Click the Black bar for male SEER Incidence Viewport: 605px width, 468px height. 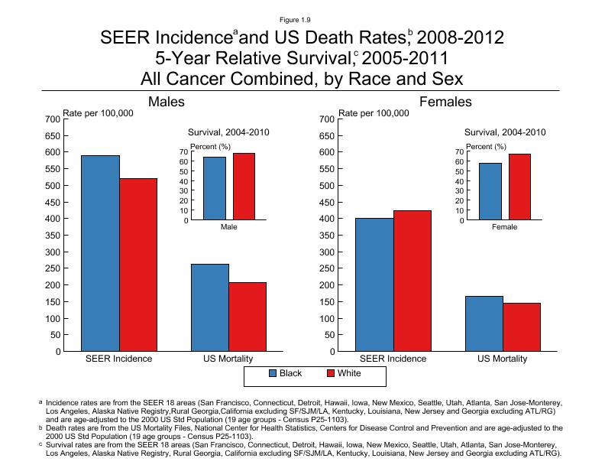(101, 253)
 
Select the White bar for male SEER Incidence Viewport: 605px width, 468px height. (138, 265)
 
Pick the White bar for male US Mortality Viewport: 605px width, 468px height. (247, 317)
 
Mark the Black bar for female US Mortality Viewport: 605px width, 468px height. (485, 323)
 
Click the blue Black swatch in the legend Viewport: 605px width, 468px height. (273, 374)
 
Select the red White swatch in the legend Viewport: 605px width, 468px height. (332, 374)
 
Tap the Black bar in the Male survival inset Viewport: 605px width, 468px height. (215, 188)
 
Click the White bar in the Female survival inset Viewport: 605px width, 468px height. (519, 187)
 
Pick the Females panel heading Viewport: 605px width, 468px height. (445, 102)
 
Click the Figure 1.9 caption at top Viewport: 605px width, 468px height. (302, 19)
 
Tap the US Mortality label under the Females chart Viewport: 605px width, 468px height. (503, 359)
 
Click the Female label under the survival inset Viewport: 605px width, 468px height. (504, 228)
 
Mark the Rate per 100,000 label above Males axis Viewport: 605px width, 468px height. (98, 113)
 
